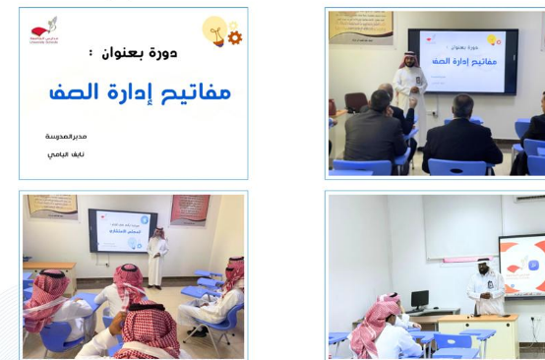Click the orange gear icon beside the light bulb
(234, 37)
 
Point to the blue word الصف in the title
(75, 93)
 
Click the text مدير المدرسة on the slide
(66, 136)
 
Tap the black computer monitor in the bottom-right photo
(419, 300)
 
